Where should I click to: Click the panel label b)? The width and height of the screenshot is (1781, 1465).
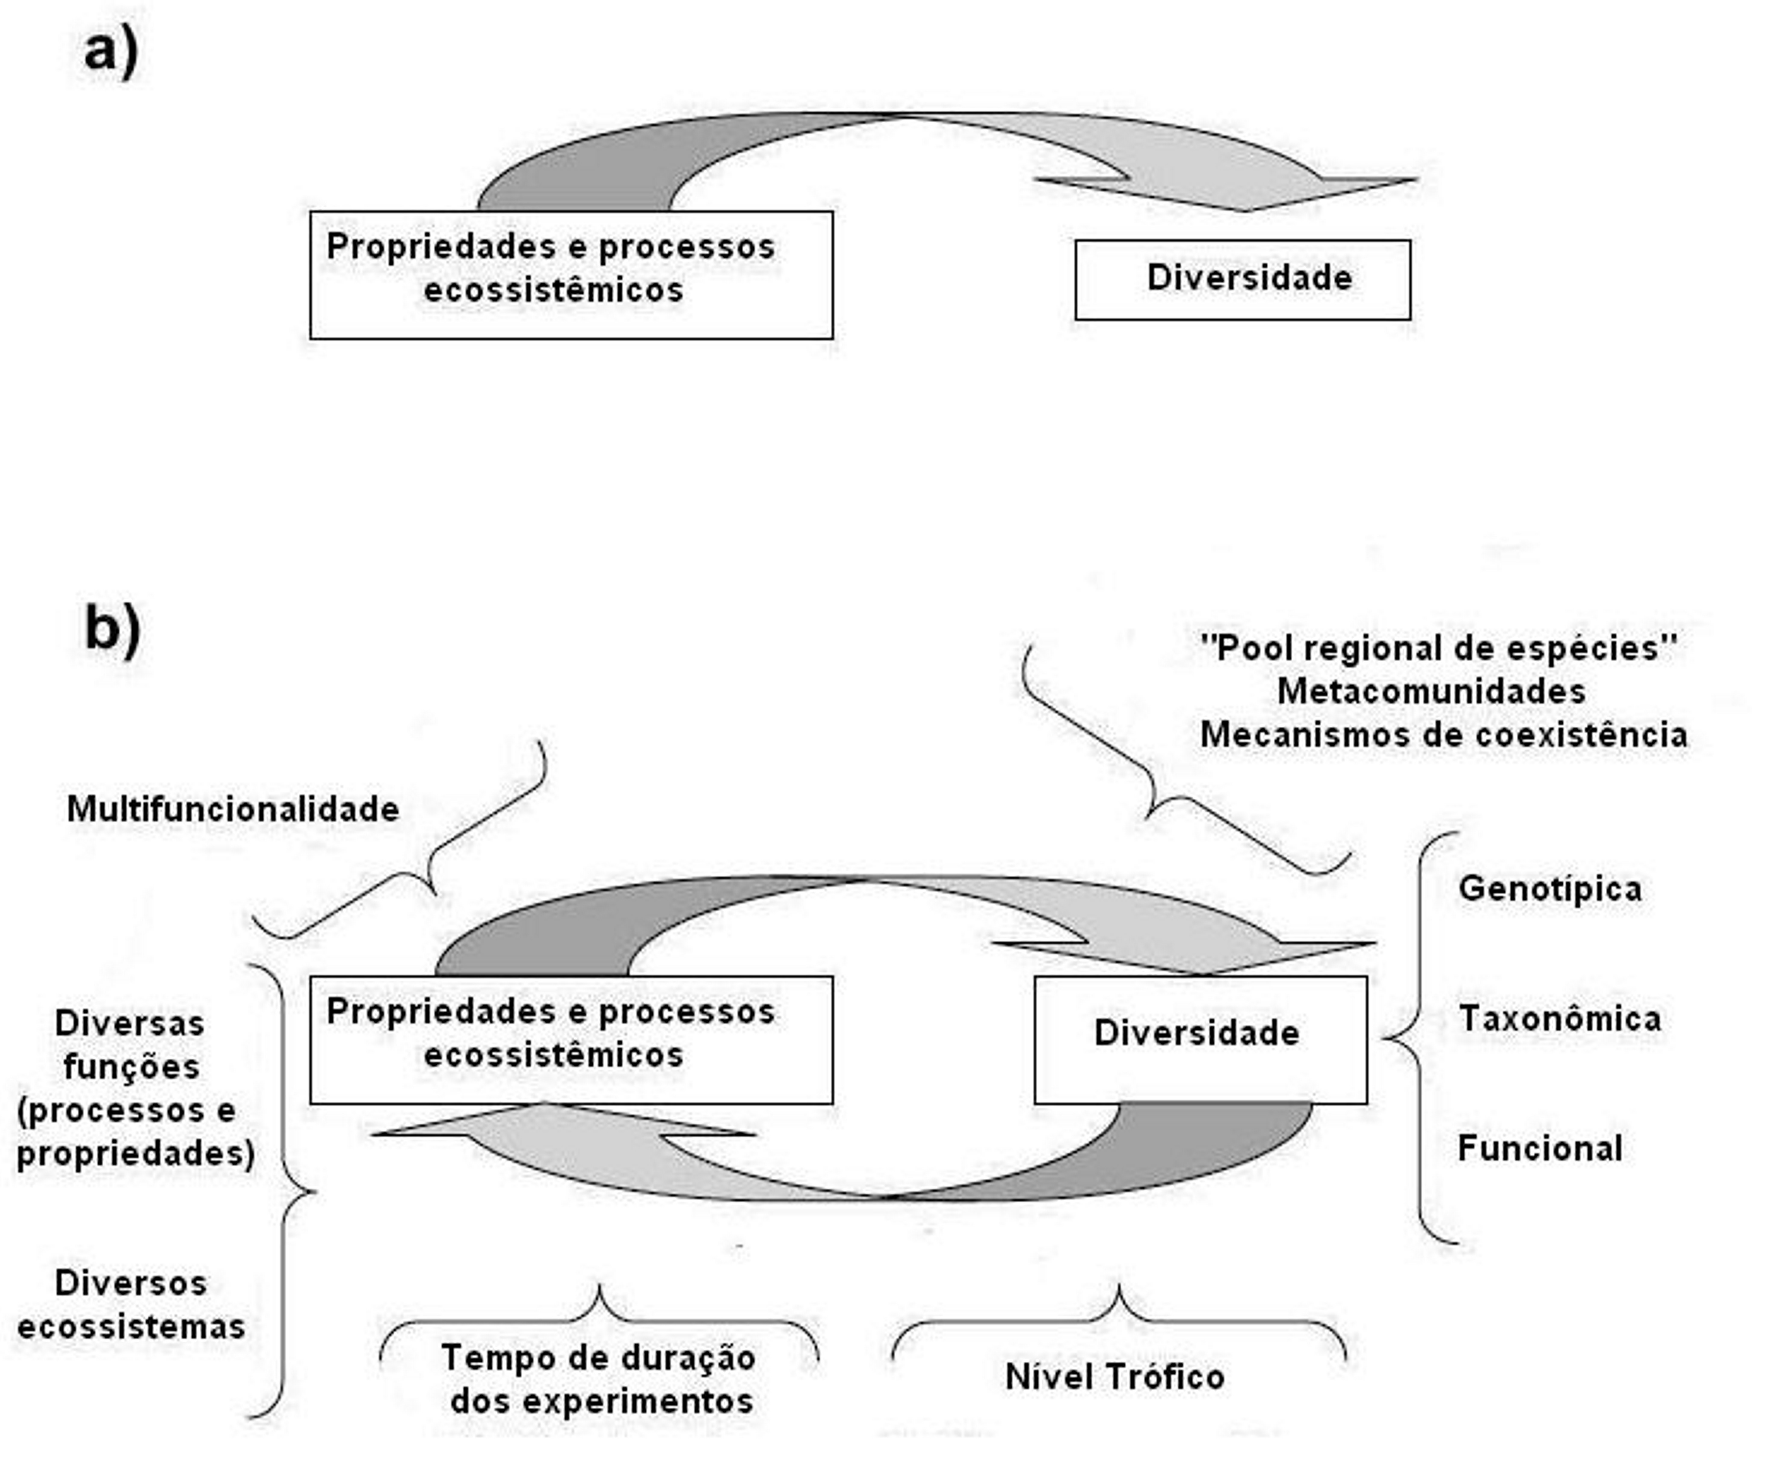[x=112, y=630]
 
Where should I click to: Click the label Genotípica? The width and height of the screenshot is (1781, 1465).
[x=1550, y=889]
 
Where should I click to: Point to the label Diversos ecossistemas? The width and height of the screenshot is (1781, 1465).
[x=131, y=1305]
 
